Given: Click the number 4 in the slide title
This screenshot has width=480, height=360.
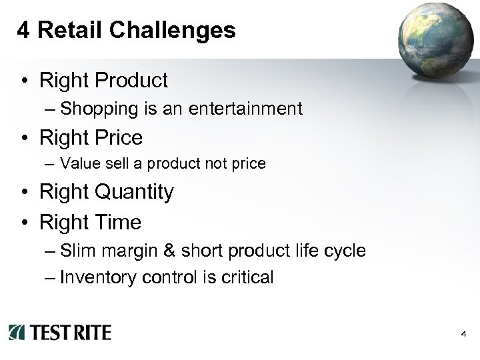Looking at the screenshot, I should tap(23, 30).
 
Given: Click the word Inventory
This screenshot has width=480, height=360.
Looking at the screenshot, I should tap(99, 277).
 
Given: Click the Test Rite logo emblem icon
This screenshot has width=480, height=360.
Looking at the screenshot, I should tap(17, 332).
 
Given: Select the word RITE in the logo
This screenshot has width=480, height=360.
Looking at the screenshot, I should tap(89, 332).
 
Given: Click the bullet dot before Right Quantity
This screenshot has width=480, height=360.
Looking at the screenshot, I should tap(24, 193).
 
